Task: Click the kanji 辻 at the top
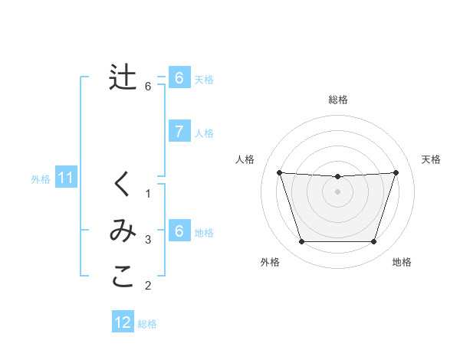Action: [x=123, y=78]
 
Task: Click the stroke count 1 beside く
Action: [x=149, y=193]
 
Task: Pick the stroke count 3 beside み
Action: [x=149, y=240]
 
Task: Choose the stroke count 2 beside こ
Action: [x=149, y=286]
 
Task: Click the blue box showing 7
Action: [x=179, y=132]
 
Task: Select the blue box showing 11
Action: [x=65, y=178]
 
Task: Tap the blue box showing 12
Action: [x=123, y=322]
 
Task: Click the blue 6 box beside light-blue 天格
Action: [x=179, y=78]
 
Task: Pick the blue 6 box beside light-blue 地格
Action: [x=179, y=232]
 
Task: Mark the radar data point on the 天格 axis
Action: [x=396, y=172]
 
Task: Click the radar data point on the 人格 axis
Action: [x=279, y=172]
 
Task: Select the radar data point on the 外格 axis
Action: [x=301, y=242]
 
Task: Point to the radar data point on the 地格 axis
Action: [x=373, y=242]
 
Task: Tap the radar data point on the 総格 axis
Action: [x=337, y=177]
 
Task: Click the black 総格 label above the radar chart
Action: [x=337, y=100]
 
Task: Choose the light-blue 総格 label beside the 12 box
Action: [x=147, y=323]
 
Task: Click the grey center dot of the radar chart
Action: [x=337, y=191]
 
